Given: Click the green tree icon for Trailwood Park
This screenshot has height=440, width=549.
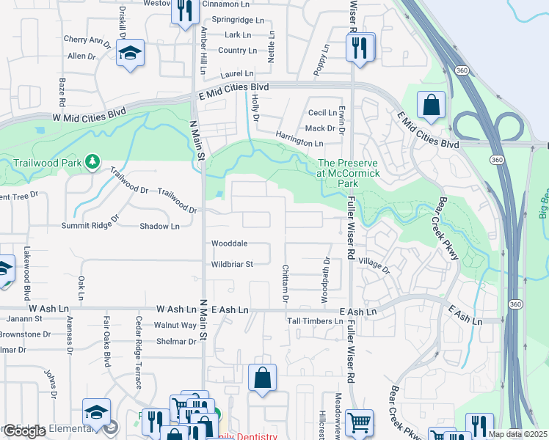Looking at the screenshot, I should (92, 161).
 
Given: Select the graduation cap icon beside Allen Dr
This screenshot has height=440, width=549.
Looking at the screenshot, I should (131, 54).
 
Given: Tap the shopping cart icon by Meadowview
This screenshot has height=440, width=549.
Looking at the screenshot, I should (359, 422).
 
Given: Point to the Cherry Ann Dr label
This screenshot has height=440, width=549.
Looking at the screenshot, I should (87, 40).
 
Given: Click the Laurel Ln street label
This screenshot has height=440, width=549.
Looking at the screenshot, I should (237, 74).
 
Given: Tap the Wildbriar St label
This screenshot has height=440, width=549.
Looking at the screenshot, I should (232, 264).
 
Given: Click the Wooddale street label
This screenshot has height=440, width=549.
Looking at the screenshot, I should (229, 243).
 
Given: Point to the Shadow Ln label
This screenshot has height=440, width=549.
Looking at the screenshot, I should (159, 227).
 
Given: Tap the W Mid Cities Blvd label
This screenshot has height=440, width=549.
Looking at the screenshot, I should (81, 117).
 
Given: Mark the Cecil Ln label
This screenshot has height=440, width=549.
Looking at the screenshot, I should (322, 112).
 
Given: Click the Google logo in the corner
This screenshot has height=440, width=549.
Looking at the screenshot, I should (24, 431).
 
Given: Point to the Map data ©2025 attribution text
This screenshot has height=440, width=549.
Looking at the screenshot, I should (518, 434).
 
